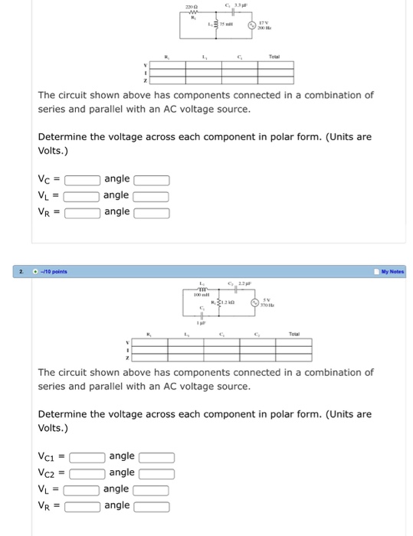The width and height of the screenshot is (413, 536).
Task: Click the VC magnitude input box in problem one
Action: pos(83,180)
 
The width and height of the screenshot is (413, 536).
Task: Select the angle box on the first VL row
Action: pos(152,196)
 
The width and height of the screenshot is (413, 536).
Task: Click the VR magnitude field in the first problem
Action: pos(83,213)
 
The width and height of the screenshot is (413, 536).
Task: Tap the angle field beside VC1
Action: pos(156,457)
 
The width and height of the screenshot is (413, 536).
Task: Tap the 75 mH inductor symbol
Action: pos(215,25)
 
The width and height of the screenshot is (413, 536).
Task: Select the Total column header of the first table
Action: pos(276,57)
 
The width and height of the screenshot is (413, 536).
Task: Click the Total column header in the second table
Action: pos(293,334)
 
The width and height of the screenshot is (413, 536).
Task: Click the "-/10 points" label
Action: pos(55,271)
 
